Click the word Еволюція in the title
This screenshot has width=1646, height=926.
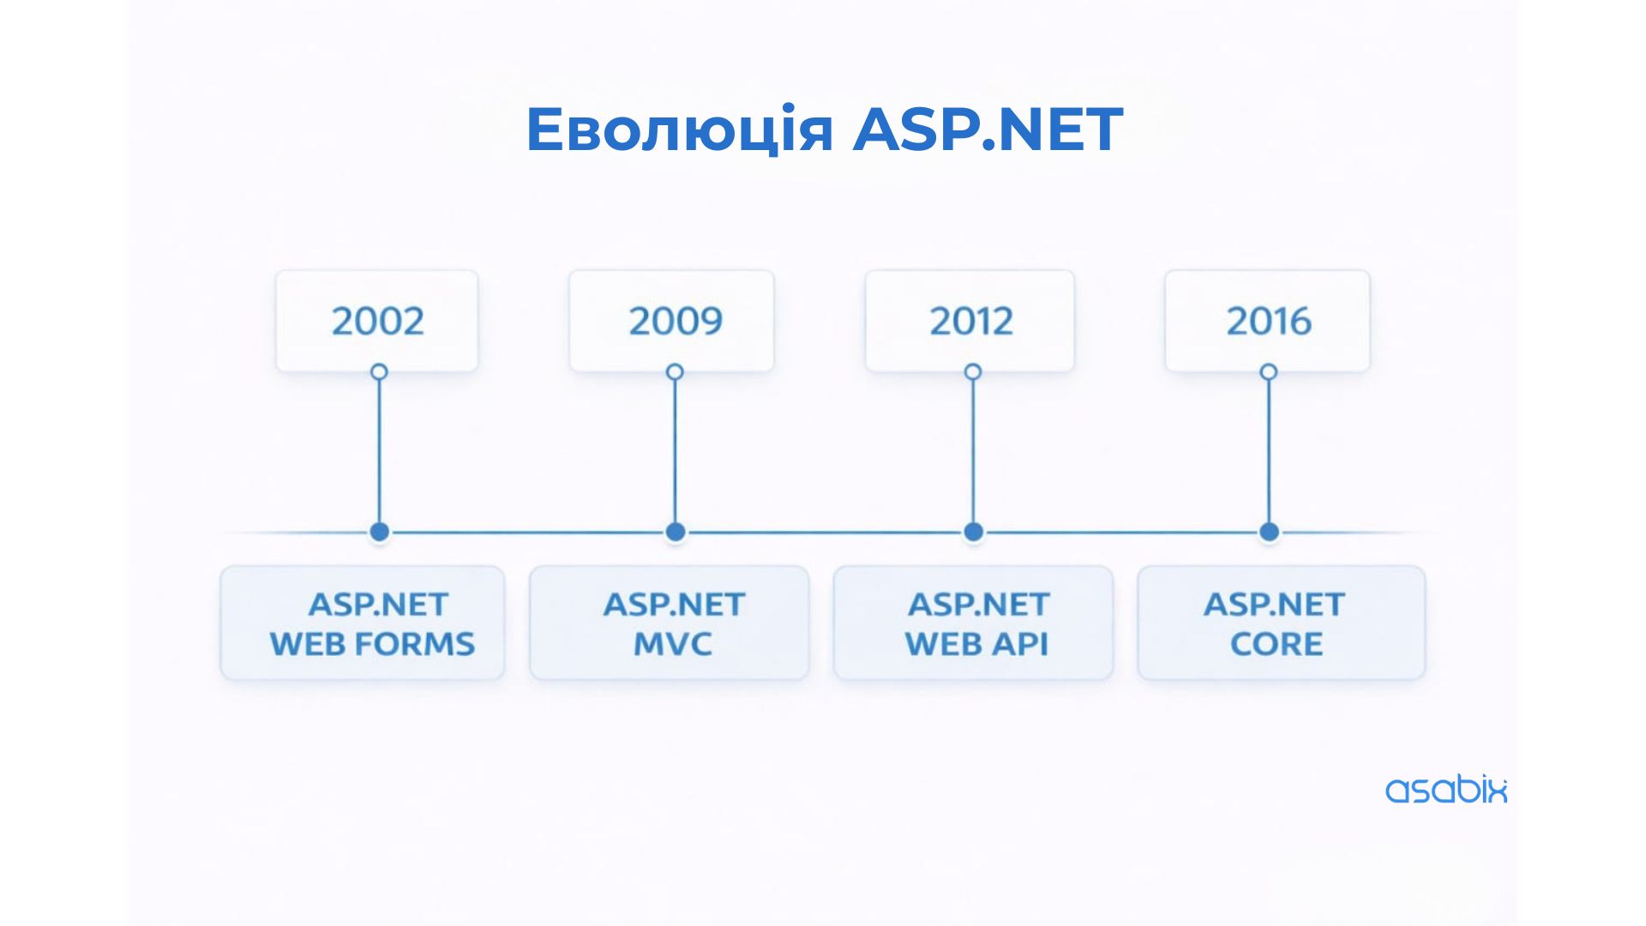[x=679, y=129]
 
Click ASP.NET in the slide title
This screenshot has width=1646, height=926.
[x=988, y=129]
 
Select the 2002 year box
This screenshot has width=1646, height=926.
[x=377, y=321]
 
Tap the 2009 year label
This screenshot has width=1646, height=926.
[x=676, y=321]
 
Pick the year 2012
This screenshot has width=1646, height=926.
[x=971, y=321]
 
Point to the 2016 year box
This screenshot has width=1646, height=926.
[x=1267, y=321]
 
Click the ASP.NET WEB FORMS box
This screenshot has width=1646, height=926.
[x=363, y=622]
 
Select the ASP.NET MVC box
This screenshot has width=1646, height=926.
[x=670, y=622]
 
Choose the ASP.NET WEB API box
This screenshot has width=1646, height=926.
[x=973, y=622]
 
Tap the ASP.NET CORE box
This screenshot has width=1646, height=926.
[x=1282, y=622]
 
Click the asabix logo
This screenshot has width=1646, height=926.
[x=1446, y=789]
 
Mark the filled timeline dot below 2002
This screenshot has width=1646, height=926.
[x=380, y=532]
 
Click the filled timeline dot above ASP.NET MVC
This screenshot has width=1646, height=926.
[x=676, y=532]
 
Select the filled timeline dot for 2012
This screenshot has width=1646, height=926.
[x=973, y=532]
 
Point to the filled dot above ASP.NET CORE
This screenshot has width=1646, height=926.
[x=1270, y=532]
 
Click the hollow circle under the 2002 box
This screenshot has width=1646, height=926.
[x=379, y=364]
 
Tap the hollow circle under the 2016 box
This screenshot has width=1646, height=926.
[x=1269, y=364]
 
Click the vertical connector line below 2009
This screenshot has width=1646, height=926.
[x=675, y=452]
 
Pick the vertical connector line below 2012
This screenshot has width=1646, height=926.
[x=973, y=452]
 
